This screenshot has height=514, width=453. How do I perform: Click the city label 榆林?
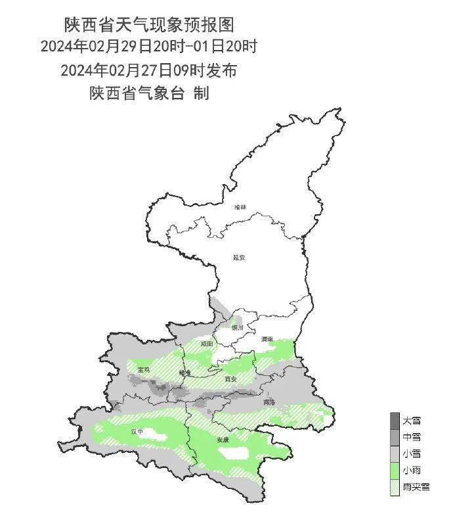tap(241, 207)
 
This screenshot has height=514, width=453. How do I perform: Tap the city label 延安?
tap(238, 258)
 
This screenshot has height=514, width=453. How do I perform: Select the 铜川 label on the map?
tap(237, 327)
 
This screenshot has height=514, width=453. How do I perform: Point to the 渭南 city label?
tap(267, 339)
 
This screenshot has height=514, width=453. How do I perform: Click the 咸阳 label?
tap(207, 343)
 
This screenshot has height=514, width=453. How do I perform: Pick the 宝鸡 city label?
tap(143, 371)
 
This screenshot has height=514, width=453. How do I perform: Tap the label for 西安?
tap(230, 379)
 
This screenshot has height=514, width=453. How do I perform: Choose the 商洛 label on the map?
tap(269, 402)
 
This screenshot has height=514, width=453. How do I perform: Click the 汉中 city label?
tap(137, 432)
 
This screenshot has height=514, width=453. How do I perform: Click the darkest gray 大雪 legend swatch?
tap(394, 419)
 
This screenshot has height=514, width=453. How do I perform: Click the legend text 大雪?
tap(412, 419)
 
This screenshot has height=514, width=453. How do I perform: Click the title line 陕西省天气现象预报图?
tap(148, 25)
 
